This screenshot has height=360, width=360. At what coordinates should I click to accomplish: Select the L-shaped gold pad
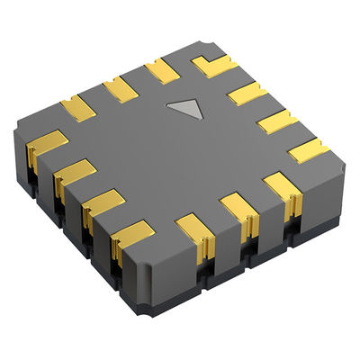point(214,65)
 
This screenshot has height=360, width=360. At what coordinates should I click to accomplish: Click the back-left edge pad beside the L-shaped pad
point(163,70)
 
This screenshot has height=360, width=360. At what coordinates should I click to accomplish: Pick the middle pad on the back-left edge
point(120,88)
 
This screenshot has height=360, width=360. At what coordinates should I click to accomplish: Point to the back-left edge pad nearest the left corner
point(78,107)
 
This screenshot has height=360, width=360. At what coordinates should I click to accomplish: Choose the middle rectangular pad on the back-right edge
point(275,121)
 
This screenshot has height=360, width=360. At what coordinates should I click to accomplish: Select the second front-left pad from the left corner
point(74,173)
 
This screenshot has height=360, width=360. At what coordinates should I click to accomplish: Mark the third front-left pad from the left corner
point(103,202)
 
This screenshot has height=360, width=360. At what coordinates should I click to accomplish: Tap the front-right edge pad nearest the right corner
point(280,185)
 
